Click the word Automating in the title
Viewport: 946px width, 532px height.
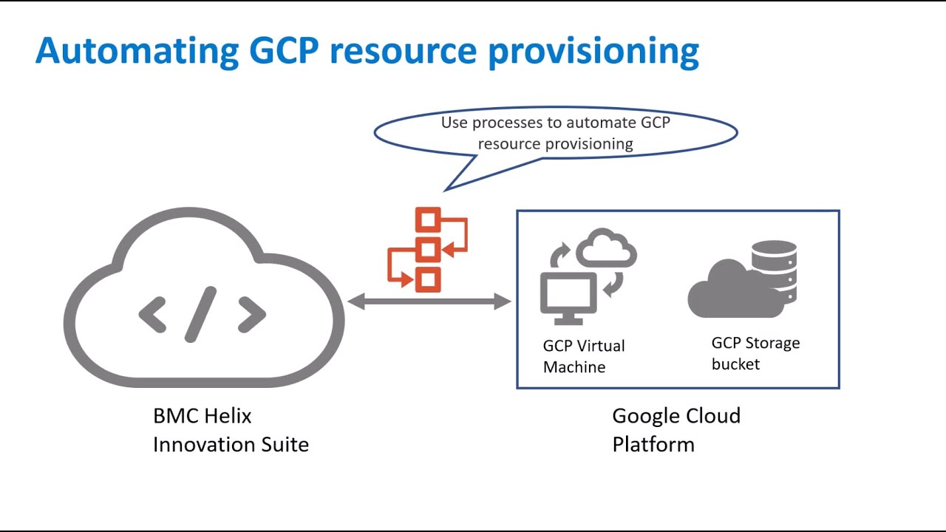[137, 50]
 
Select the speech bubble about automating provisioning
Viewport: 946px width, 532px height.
[556, 133]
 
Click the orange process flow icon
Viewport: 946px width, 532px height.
[427, 250]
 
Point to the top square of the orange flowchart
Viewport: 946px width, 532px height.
[428, 220]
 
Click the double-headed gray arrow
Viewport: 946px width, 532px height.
[429, 301]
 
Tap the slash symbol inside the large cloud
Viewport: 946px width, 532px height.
[201, 314]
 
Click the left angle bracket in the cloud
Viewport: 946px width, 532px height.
[152, 315]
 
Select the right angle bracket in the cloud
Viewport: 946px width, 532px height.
[251, 315]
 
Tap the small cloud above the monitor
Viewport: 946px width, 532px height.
[606, 249]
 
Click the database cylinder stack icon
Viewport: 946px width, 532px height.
[773, 270]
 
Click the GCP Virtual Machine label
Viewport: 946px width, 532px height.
[584, 356]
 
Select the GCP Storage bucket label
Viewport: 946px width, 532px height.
[755, 353]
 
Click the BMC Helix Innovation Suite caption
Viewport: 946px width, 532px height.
[231, 430]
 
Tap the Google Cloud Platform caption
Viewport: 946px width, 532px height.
[676, 430]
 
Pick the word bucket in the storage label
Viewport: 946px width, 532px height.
[735, 364]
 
